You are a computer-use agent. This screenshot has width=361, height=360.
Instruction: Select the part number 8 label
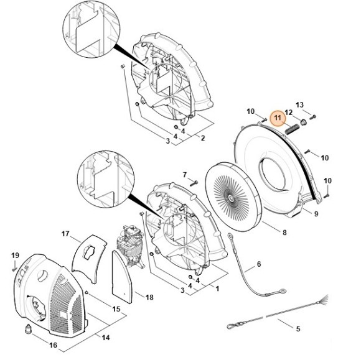[284, 233]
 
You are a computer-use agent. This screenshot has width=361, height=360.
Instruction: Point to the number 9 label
[316, 214]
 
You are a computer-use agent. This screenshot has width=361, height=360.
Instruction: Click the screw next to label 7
[194, 183]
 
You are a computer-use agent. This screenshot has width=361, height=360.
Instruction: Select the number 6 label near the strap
[259, 265]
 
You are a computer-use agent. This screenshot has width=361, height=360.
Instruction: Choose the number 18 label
[149, 298]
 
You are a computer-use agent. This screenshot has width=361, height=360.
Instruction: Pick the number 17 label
[65, 234]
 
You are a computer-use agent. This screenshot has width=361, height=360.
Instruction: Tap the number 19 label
[16, 256]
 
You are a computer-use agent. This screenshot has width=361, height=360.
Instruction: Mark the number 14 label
[105, 337]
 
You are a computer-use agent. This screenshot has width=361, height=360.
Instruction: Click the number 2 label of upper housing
[202, 137]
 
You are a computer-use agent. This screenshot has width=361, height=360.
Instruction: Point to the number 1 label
[217, 289]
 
